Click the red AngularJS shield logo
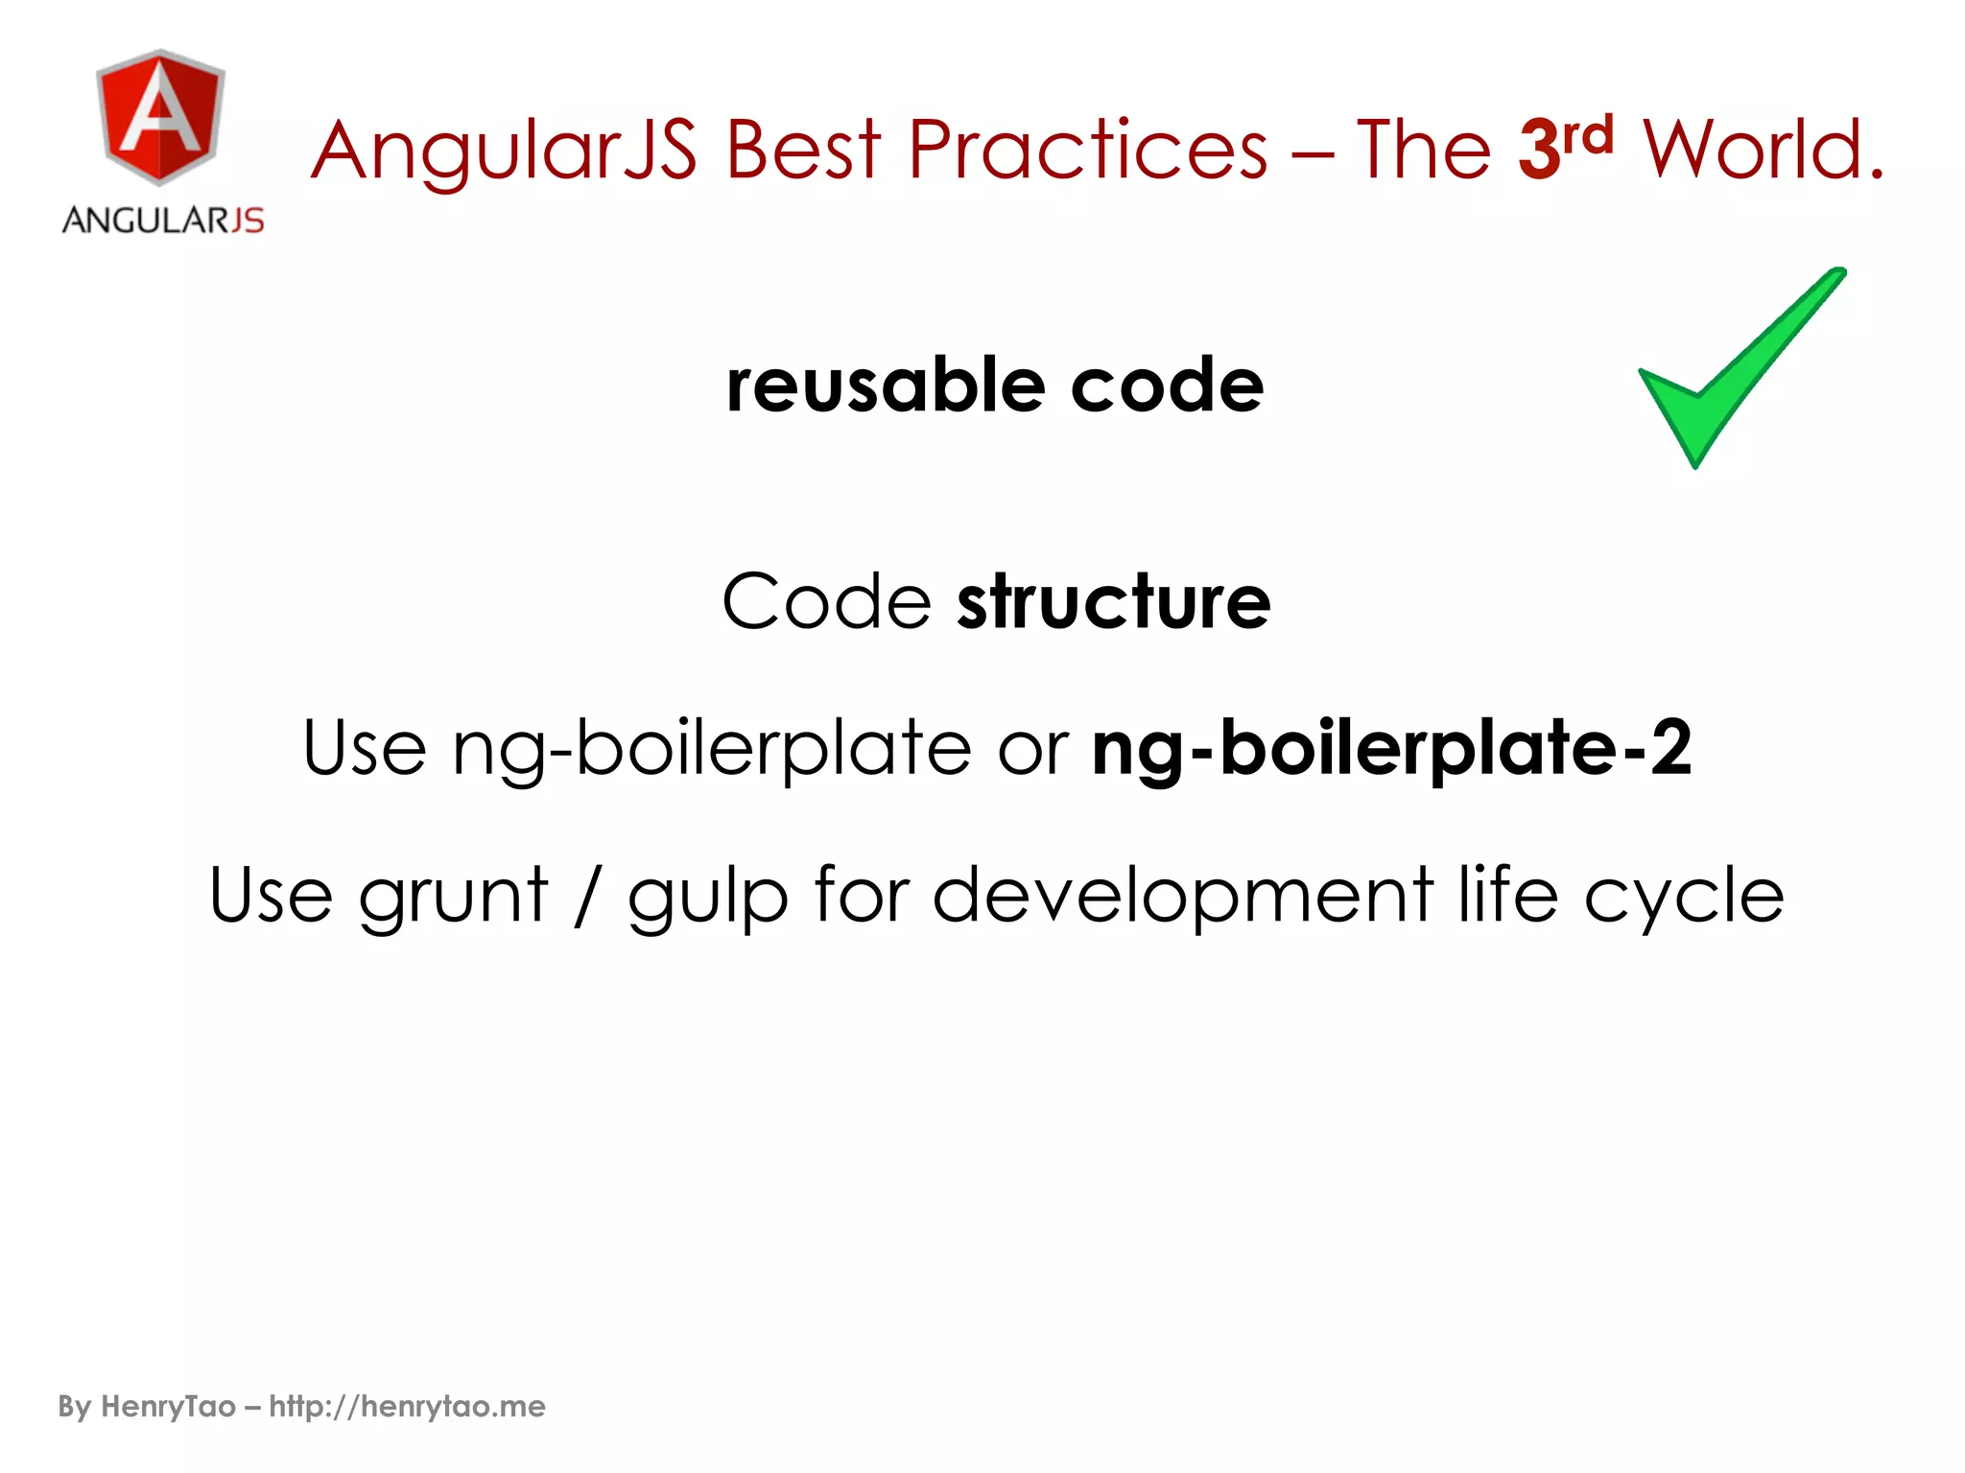coord(161,116)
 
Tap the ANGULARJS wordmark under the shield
coord(163,221)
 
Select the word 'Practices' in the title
coord(1088,151)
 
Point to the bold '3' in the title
coord(1538,151)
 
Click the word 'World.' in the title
coord(1764,151)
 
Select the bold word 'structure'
coord(1114,602)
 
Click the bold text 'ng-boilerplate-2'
coord(1392,748)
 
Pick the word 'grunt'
coord(453,896)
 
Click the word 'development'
coord(1183,896)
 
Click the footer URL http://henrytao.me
coord(407,1406)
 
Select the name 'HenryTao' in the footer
coord(168,1406)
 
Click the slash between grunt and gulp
coord(585,896)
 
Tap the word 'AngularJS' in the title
coord(505,151)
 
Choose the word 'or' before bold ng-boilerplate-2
coord(1032,748)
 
